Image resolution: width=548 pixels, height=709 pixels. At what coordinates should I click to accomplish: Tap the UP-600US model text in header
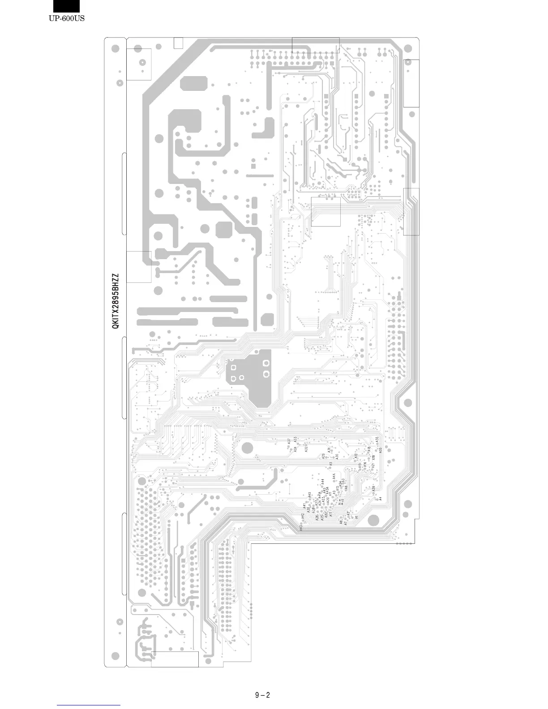pyautogui.click(x=67, y=18)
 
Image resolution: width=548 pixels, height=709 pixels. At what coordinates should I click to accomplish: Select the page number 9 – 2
pyautogui.click(x=262, y=695)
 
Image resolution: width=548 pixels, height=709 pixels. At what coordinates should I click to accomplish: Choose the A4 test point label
pyautogui.click(x=381, y=498)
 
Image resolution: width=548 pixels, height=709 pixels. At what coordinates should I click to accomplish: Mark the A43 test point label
pyautogui.click(x=301, y=528)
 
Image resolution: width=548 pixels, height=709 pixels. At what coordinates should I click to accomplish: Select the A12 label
pyautogui.click(x=341, y=500)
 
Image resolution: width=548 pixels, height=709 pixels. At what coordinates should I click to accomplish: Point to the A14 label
pyautogui.click(x=341, y=504)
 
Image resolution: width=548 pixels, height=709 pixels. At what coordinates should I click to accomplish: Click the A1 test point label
pyautogui.click(x=357, y=516)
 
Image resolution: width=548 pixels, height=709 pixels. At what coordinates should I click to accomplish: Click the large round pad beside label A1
pyautogui.click(x=373, y=520)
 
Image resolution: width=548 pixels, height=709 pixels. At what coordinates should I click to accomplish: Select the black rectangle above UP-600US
pyautogui.click(x=66, y=6)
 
